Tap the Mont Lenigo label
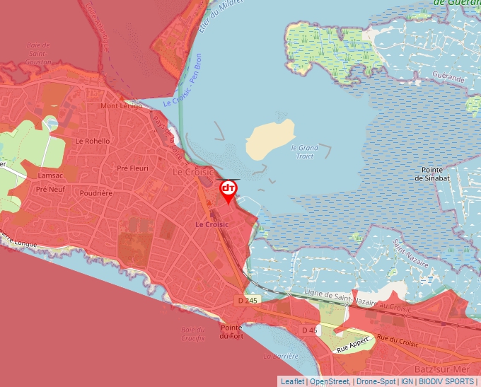click(x=121, y=106)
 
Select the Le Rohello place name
click(x=93, y=141)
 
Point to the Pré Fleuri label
click(x=132, y=168)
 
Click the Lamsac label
click(x=51, y=175)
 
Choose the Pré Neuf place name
click(x=50, y=190)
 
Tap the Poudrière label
click(x=97, y=192)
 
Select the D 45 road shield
click(x=308, y=330)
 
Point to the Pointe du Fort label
click(x=231, y=332)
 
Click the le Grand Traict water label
click(x=305, y=151)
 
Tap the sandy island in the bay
click(x=270, y=138)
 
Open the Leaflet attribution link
click(x=292, y=381)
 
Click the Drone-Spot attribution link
click(x=376, y=381)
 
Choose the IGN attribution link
click(x=407, y=381)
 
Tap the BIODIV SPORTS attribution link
click(x=446, y=381)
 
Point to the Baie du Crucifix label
click(x=192, y=334)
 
